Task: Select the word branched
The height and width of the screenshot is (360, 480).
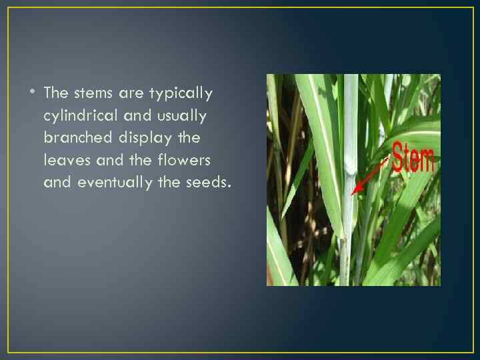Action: [76, 137]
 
